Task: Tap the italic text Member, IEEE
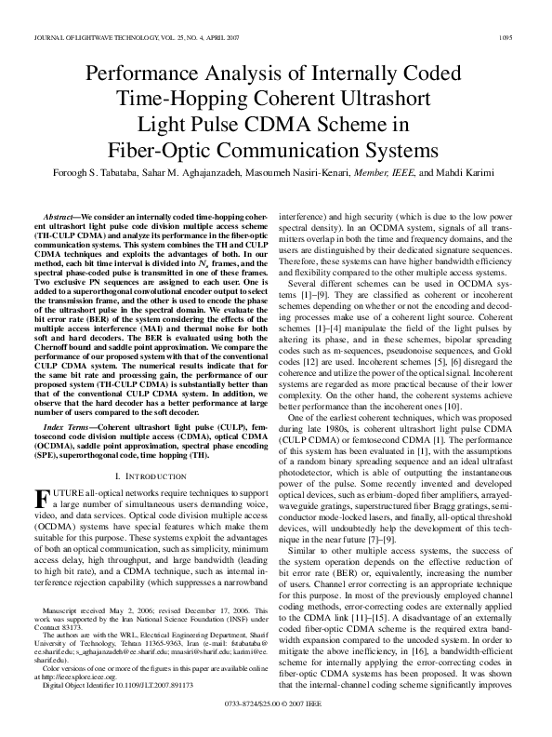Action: (384, 173)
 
